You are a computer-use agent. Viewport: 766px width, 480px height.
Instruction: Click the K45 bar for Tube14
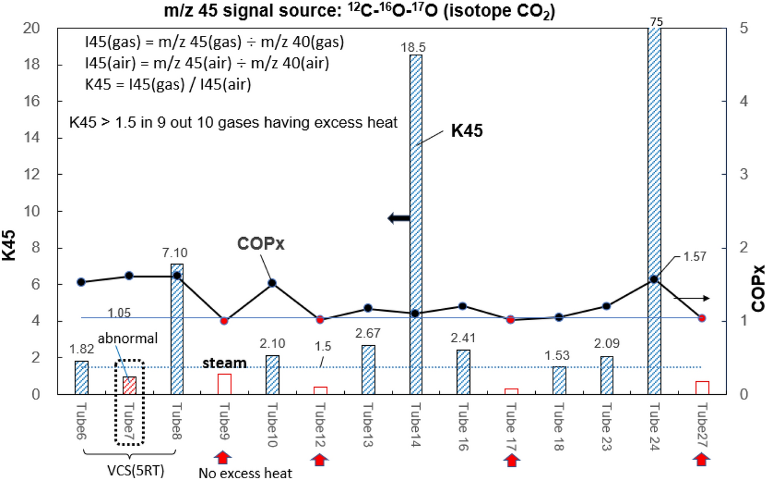(x=415, y=224)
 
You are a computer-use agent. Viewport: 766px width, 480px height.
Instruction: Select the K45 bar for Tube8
(x=177, y=329)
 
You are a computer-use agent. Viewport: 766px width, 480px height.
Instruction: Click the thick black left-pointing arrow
(x=398, y=219)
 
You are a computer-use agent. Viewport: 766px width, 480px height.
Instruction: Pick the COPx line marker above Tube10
(x=273, y=283)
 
